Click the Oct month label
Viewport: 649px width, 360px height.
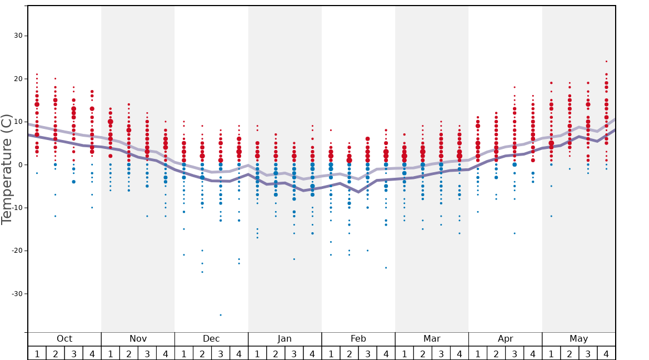[x=64, y=339]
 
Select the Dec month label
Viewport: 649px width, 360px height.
[x=211, y=339]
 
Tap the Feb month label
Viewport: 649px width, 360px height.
[x=358, y=339]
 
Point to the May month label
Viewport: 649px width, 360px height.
[x=578, y=339]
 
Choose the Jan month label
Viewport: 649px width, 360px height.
[x=284, y=339]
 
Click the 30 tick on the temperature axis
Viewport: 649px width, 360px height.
[x=17, y=36]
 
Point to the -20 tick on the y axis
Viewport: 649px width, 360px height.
[x=15, y=251]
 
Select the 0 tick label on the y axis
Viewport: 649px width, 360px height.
[x=19, y=165]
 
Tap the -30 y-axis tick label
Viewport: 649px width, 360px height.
[x=15, y=294]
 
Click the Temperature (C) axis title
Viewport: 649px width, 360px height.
[x=7, y=169]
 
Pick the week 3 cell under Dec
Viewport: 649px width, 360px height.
[x=221, y=353]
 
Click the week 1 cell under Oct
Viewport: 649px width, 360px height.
[x=37, y=353]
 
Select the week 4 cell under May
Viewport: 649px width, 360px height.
[x=606, y=353]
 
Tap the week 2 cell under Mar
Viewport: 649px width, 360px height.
[x=422, y=353]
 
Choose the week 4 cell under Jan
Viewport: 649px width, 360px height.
[x=312, y=353]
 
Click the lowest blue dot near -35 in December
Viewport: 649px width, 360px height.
[x=221, y=315]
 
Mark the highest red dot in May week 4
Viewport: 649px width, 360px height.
[x=606, y=62]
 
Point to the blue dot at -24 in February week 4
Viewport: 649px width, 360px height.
[x=386, y=268]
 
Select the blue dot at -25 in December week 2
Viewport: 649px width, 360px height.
[x=202, y=272]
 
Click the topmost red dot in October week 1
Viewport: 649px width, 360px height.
[x=37, y=74]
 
